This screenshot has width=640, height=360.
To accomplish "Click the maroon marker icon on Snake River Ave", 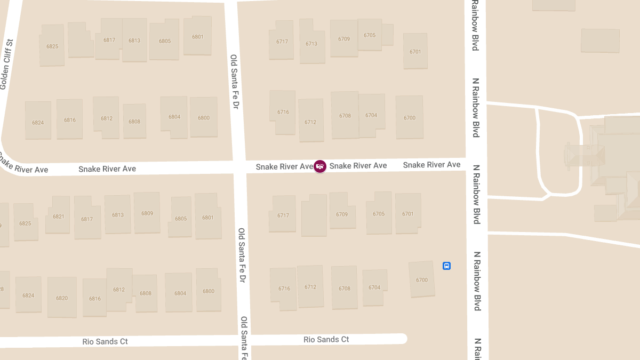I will point(320,166).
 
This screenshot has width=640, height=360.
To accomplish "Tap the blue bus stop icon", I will point(447,266).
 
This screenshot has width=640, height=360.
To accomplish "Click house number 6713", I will point(311,44).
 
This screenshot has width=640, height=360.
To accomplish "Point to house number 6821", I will point(58,217).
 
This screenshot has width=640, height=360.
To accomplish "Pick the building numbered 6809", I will point(147,213).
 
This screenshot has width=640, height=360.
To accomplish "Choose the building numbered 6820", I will point(62,298).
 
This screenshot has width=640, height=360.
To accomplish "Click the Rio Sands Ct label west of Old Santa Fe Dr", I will point(105,341).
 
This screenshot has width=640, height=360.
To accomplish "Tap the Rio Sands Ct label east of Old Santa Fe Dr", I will point(326,339).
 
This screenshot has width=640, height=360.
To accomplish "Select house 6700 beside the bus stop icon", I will point(422,280).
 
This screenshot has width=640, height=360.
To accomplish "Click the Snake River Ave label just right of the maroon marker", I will point(358,166).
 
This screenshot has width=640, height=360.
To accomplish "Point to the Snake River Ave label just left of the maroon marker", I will point(284,167).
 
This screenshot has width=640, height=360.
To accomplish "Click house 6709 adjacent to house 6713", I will point(344,39).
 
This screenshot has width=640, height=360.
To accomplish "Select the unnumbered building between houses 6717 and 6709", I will point(314,215).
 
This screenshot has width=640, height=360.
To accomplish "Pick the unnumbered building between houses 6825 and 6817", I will point(80,39).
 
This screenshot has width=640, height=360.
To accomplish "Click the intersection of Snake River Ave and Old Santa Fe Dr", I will point(239,167).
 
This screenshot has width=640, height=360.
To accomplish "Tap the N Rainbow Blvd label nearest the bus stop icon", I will point(477,281).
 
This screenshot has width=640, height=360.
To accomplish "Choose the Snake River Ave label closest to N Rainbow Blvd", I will point(431,165).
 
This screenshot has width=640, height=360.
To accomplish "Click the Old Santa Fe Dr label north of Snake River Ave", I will point(234,82).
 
